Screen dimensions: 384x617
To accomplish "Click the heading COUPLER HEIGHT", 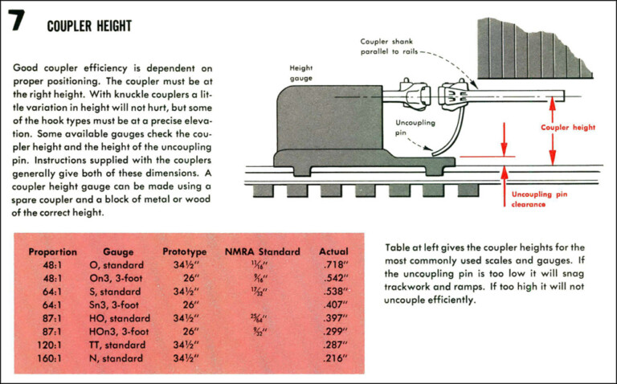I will point(89,27).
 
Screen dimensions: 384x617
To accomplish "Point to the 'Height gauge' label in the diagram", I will point(302,73).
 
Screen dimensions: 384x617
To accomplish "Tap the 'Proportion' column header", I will point(53,251).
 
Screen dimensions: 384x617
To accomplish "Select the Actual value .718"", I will point(333,265).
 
